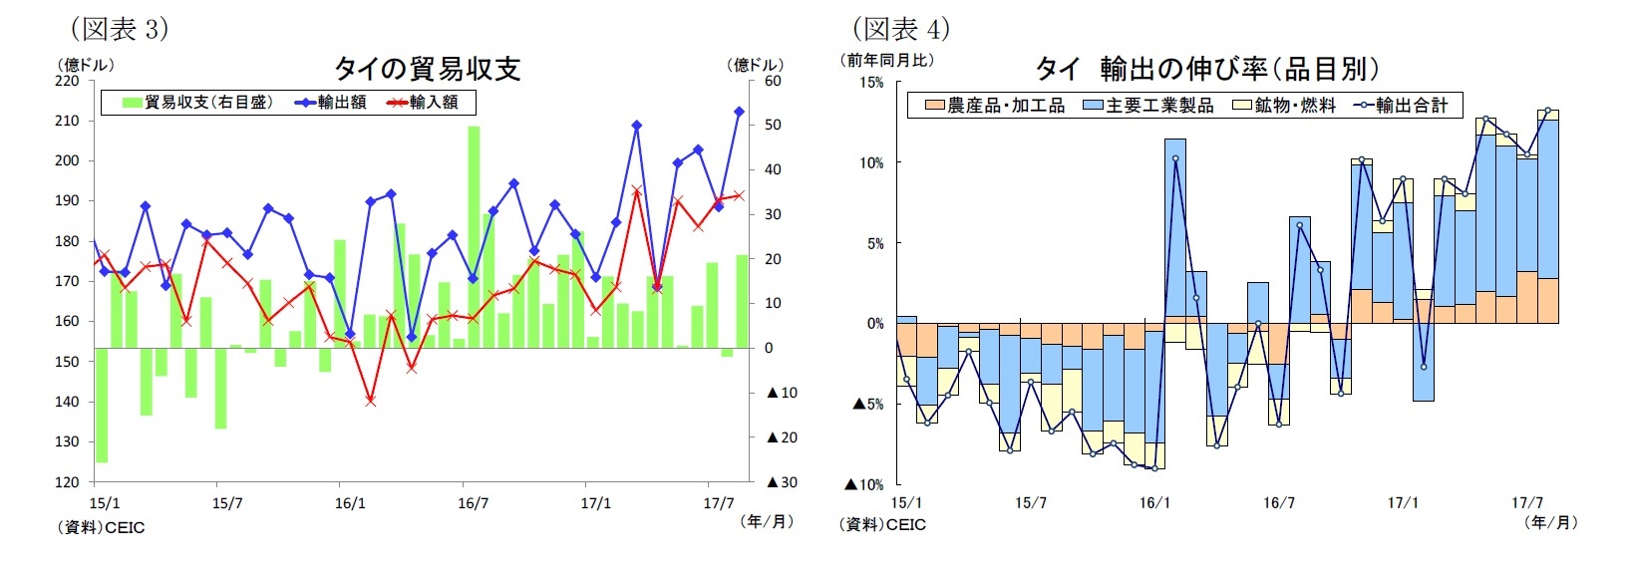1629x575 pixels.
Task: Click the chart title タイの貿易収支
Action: coord(427,68)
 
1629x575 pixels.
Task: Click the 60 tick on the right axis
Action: coord(773,81)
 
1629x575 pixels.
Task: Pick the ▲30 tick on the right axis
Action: coord(782,482)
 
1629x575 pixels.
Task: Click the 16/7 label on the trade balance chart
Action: coord(473,503)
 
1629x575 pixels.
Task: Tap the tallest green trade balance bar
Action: coord(474,236)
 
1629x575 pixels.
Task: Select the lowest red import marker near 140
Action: coord(371,401)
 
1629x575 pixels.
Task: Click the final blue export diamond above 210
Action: coord(739,112)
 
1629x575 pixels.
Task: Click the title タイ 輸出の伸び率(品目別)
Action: coord(1208,68)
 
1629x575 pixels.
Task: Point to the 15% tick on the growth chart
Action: coord(871,83)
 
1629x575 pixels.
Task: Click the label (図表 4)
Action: coord(900,29)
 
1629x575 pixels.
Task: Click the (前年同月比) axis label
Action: coord(889,60)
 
